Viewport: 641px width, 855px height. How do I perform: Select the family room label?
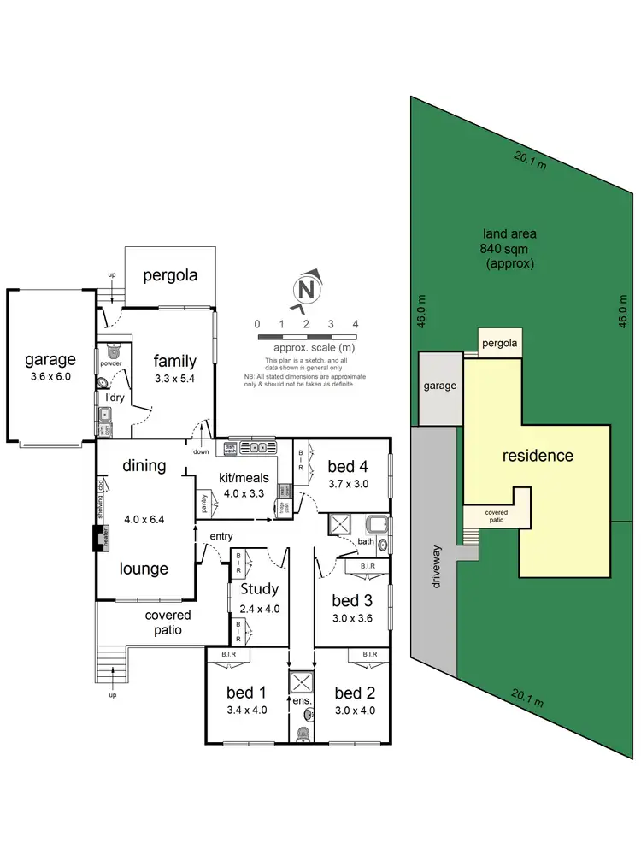pyautogui.click(x=175, y=361)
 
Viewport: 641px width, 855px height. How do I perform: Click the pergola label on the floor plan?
pyautogui.click(x=170, y=275)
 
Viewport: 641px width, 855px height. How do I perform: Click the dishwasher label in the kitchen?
pyautogui.click(x=230, y=446)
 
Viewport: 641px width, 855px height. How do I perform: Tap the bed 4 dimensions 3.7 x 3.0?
pyautogui.click(x=347, y=483)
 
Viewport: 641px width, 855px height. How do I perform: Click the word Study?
pyautogui.click(x=260, y=588)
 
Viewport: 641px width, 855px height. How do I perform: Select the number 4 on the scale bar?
pyautogui.click(x=355, y=324)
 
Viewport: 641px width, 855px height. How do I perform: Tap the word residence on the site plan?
pyautogui.click(x=537, y=455)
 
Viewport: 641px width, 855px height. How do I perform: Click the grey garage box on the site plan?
pyautogui.click(x=440, y=387)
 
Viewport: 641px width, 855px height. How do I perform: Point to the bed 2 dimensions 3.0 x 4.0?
pyautogui.click(x=354, y=710)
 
